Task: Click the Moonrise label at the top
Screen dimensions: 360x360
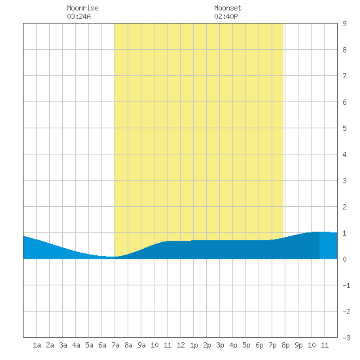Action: click(x=82, y=8)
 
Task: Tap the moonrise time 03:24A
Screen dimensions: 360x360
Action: click(x=79, y=16)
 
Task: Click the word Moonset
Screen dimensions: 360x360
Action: click(x=228, y=8)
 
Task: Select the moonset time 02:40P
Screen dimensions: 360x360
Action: click(x=226, y=16)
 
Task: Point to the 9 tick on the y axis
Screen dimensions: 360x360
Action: click(x=344, y=24)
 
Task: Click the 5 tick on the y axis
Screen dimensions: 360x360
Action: click(x=344, y=128)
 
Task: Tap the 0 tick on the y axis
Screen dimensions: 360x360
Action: click(x=344, y=259)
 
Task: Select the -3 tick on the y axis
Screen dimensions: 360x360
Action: click(x=346, y=338)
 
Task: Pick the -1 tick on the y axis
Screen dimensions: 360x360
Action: click(x=346, y=285)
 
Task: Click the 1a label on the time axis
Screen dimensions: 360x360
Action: click(x=37, y=345)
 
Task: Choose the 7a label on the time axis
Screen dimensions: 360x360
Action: click(x=115, y=345)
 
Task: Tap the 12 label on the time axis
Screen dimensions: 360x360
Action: click(x=181, y=345)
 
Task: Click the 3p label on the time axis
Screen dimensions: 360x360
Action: click(x=220, y=345)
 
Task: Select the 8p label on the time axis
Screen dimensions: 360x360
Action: click(x=285, y=345)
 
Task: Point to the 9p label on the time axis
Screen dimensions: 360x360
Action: click(x=298, y=345)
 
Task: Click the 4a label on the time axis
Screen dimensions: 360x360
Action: click(x=76, y=345)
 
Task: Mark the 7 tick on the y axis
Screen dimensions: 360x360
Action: click(x=344, y=76)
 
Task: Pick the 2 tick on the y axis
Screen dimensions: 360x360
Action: click(x=344, y=207)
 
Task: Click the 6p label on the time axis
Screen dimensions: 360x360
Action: click(x=259, y=345)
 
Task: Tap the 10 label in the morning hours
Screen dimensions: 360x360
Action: click(x=154, y=345)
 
